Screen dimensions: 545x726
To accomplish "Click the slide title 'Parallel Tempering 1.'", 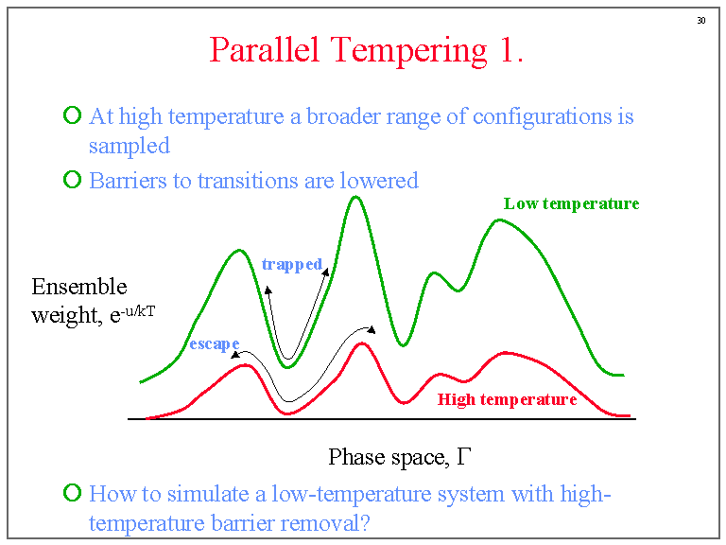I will pos(366,50).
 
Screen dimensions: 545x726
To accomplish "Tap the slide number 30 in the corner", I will pos(701,20).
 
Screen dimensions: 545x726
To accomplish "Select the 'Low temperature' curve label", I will pos(571,203).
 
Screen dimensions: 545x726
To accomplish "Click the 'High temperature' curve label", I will pos(507,399).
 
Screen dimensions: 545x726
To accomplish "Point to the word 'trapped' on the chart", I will pos(292,264).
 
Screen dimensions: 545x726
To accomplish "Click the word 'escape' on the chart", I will pos(214,343).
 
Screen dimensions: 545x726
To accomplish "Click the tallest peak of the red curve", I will pos(360,343).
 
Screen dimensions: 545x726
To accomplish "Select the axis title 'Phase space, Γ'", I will pos(399,457).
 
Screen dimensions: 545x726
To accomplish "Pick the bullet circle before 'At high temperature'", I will pos(73,116).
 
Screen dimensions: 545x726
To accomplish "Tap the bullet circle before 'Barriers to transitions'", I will pos(73,179).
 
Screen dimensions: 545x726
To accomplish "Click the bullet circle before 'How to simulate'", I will pos(73,492).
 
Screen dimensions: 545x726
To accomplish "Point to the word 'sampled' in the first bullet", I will pos(129,146).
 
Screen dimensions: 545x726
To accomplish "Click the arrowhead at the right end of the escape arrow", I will pos(371,329).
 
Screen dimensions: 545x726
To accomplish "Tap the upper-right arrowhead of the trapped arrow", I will pos(326,272).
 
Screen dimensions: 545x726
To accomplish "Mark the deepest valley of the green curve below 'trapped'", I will pos(289,365).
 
